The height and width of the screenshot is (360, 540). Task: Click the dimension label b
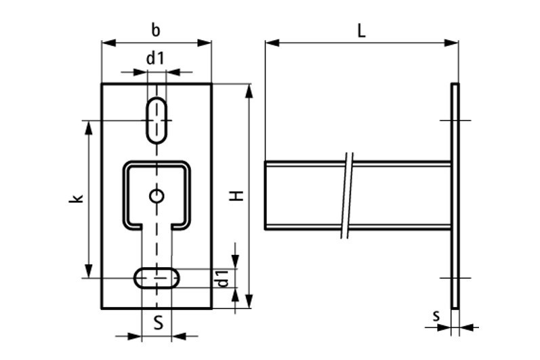tap(156, 31)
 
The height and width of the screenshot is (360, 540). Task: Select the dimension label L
tap(361, 31)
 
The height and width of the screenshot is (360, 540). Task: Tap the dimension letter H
tap(237, 196)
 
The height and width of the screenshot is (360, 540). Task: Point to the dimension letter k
tap(77, 199)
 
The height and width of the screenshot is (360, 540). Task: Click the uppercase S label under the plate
tap(158, 323)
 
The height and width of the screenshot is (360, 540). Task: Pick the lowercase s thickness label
tap(436, 316)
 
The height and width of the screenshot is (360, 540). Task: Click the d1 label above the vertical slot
tap(155, 58)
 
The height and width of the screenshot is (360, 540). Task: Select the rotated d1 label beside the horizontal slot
tap(223, 279)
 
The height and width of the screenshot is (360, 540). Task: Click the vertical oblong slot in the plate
tap(157, 120)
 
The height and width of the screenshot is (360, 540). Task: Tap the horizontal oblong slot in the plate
tap(157, 278)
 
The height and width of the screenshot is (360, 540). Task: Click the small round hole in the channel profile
tap(157, 196)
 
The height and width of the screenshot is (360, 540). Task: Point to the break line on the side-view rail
tap(347, 195)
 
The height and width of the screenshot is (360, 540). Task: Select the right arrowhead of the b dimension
tap(204, 43)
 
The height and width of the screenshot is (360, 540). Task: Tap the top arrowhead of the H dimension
tap(249, 91)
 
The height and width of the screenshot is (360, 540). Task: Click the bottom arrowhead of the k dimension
tap(89, 271)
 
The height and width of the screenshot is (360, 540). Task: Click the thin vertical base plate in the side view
tap(455, 196)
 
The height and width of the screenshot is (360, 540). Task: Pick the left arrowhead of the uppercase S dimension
tap(135, 336)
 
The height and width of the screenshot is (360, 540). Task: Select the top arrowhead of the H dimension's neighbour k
tap(89, 128)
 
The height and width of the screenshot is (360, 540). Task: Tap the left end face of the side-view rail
tap(265, 195)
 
